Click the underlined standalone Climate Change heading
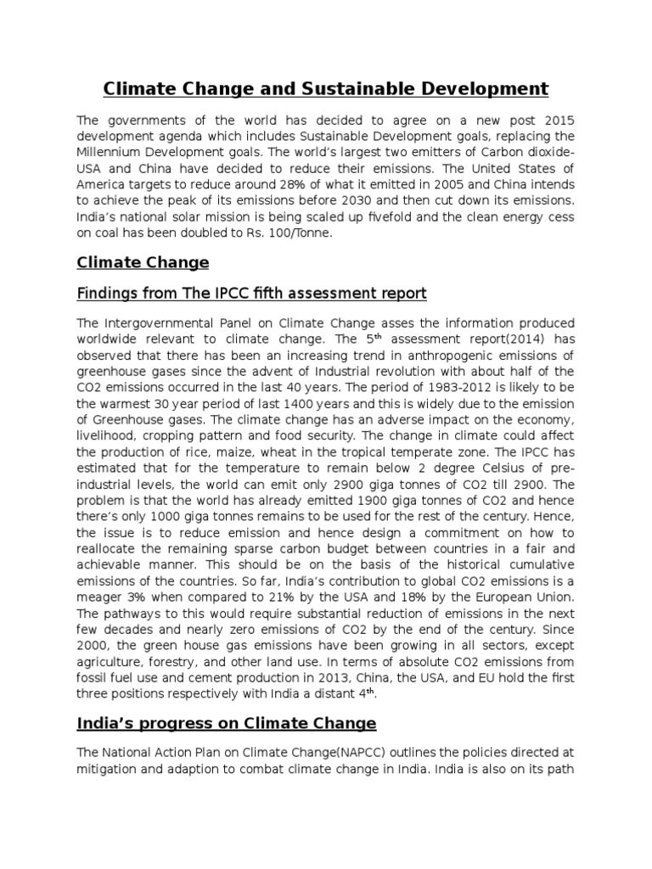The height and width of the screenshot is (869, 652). click(x=143, y=262)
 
